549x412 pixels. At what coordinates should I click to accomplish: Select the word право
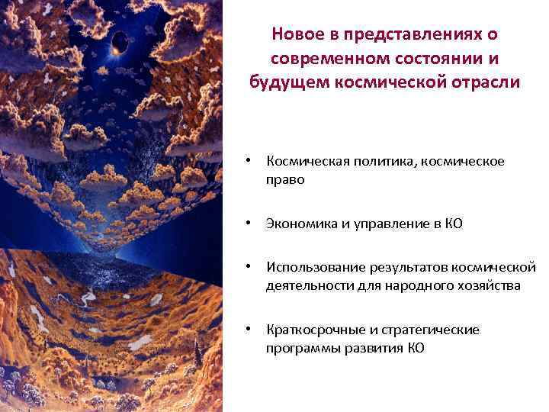pos(285,180)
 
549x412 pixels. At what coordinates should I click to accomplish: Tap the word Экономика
pos(300,224)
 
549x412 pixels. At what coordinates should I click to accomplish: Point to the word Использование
pos(315,268)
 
